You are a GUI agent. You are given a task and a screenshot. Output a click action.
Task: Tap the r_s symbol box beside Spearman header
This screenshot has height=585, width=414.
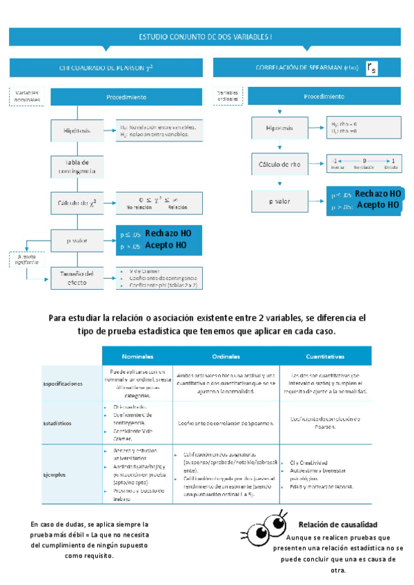point(372,68)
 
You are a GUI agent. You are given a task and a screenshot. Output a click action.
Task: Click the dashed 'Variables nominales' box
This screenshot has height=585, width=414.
point(27,96)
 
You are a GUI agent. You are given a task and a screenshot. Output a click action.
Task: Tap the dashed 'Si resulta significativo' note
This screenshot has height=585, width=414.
point(26,259)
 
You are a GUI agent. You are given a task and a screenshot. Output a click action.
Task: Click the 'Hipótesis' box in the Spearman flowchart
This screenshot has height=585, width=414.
point(280,128)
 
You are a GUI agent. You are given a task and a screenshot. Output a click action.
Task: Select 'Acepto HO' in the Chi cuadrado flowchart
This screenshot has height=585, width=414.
point(166,246)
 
